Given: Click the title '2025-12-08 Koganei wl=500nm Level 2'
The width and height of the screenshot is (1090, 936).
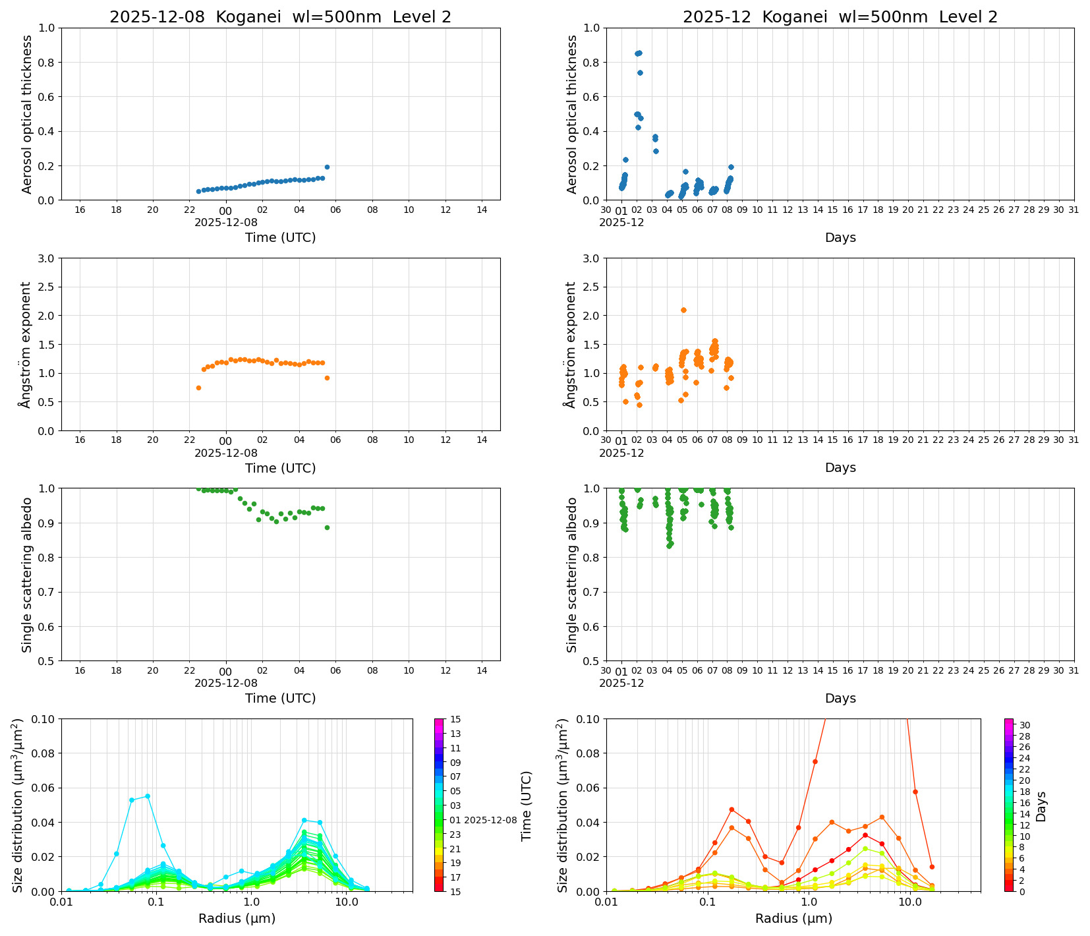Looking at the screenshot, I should (280, 17).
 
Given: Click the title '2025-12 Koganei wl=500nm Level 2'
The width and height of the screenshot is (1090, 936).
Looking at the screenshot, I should (840, 17).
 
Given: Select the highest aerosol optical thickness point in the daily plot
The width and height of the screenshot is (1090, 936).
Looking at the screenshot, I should (327, 167).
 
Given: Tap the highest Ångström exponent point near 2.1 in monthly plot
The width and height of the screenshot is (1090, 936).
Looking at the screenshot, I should (683, 310).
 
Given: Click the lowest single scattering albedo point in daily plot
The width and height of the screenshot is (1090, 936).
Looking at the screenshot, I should (327, 527).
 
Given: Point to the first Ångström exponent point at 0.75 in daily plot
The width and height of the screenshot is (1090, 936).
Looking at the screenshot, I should (198, 388).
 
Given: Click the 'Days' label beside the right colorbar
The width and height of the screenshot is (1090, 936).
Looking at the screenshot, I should (1041, 806).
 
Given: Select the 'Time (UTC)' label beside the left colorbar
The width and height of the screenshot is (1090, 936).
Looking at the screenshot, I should (526, 805).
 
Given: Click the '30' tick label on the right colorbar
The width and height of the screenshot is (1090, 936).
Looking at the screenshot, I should (1025, 725).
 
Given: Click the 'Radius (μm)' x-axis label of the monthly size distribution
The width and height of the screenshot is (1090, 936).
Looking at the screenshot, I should (793, 918).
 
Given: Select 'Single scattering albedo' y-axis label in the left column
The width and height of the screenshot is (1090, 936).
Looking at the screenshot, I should (27, 575).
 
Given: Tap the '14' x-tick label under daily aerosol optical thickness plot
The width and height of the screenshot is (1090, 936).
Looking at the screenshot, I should (482, 210).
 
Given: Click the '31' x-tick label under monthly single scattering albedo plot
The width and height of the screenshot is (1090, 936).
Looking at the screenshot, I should (1074, 670).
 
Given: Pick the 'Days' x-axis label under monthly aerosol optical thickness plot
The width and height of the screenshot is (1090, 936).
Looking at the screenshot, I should (840, 237).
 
